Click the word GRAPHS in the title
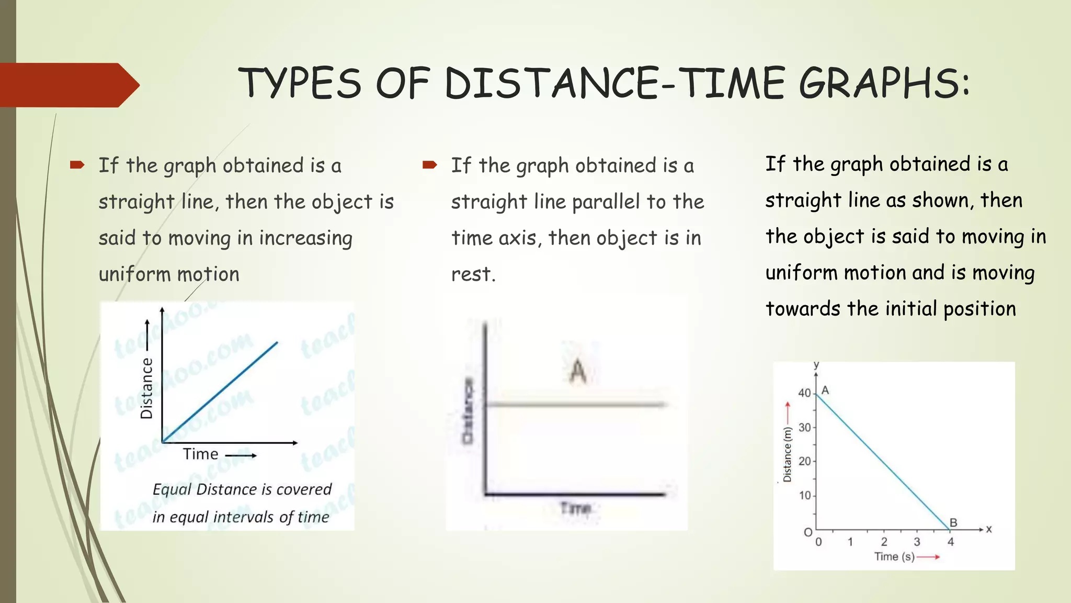click(x=884, y=84)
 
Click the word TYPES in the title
click(x=300, y=84)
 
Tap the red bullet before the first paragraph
click(x=77, y=165)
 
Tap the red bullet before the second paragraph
click(x=429, y=165)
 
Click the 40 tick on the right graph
click(x=804, y=393)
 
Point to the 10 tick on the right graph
click(x=804, y=495)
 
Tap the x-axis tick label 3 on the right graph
click(x=917, y=542)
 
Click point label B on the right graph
click(x=953, y=522)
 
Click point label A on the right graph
click(x=825, y=390)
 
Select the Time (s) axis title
click(x=894, y=556)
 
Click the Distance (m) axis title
click(x=787, y=454)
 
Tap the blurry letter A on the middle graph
click(x=578, y=371)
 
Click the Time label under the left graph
click(x=200, y=454)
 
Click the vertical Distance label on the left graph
click(x=146, y=388)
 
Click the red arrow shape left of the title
click(x=68, y=85)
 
